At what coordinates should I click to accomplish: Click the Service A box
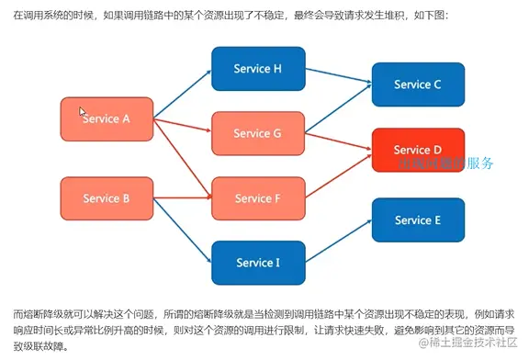106,118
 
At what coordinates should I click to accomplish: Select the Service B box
106,197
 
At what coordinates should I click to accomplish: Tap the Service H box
257,69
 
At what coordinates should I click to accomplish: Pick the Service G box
257,133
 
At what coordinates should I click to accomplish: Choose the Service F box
257,197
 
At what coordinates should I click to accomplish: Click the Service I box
257,262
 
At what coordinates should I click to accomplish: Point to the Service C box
418,84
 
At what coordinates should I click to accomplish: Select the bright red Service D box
418,150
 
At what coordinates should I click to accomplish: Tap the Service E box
418,219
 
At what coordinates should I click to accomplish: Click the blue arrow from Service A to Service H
182,94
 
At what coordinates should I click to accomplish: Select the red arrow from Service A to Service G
182,126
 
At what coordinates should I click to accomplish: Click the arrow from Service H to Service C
338,76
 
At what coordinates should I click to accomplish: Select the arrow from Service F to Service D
338,174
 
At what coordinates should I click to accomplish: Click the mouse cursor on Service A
83,111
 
